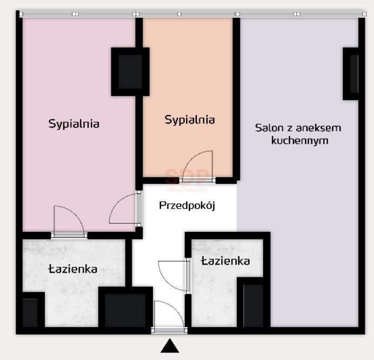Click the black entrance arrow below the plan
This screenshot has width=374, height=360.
170,346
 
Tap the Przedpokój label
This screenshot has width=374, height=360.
187,205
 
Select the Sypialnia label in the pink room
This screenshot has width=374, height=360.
74,123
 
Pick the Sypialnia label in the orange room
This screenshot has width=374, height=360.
189,119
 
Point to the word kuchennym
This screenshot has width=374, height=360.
300,141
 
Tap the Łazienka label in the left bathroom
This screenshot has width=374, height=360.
72,269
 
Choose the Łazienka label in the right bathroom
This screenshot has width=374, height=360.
225,261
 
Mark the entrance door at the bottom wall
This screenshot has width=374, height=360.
169,317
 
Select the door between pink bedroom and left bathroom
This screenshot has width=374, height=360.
69,222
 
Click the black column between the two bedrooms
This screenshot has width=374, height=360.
130,71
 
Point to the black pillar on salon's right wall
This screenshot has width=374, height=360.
351,74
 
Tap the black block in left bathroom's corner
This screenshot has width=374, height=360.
30,311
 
